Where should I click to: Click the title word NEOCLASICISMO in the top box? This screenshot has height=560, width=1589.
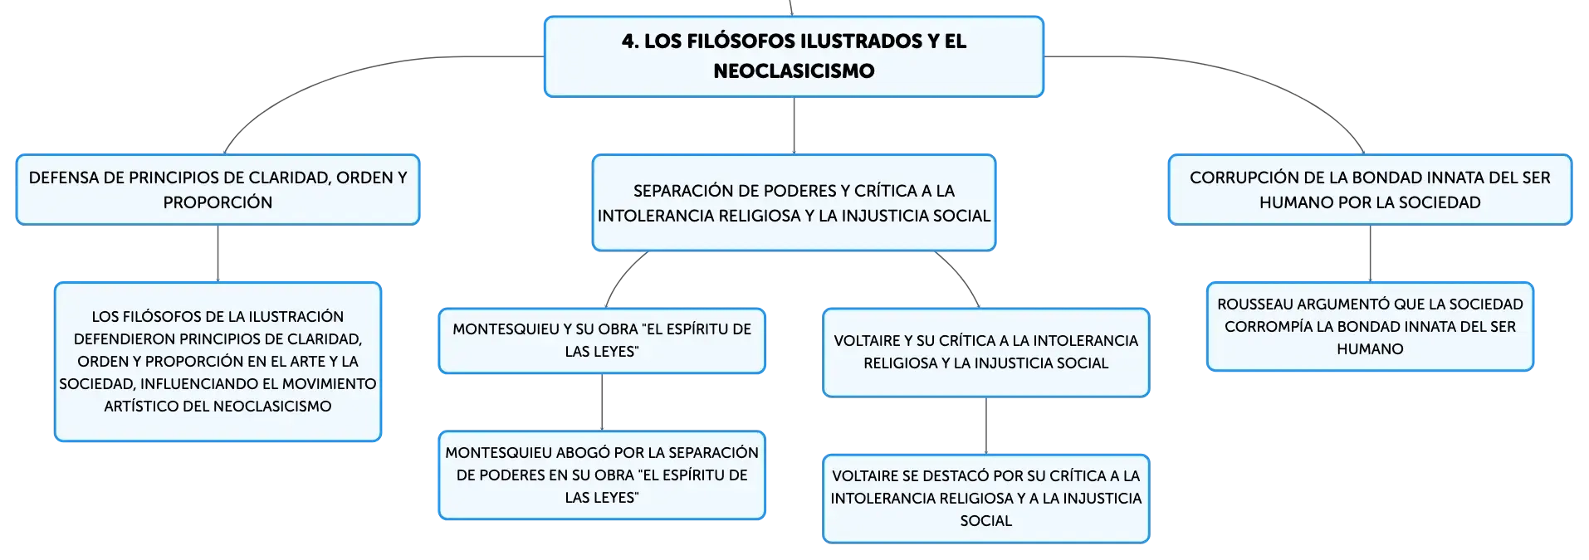(x=794, y=71)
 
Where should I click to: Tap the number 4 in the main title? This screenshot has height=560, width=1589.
(x=628, y=41)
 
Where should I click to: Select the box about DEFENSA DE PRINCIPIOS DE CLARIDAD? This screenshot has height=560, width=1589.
(x=218, y=189)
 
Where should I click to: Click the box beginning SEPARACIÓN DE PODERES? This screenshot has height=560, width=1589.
(x=794, y=202)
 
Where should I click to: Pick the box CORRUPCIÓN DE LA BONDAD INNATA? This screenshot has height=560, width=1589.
(x=1370, y=189)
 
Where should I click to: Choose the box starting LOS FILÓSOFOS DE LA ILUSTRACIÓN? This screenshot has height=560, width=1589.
(x=218, y=362)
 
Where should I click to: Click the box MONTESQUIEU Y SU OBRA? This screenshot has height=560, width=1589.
(x=602, y=340)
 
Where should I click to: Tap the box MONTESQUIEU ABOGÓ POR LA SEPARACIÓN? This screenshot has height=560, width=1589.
(x=602, y=475)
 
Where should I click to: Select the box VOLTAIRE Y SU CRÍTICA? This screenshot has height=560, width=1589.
(x=986, y=352)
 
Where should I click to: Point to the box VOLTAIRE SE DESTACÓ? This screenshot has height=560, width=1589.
(x=986, y=498)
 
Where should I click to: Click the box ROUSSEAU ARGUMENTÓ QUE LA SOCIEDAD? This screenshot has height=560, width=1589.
(x=1370, y=326)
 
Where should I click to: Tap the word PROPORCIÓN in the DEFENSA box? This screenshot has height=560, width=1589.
(x=218, y=202)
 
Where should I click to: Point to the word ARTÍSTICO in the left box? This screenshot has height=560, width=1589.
(x=139, y=407)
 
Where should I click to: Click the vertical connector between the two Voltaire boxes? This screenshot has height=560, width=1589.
(x=986, y=426)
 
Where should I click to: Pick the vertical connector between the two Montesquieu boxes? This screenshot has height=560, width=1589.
(x=602, y=402)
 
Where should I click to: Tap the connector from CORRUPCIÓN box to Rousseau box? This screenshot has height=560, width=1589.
(x=1370, y=254)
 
